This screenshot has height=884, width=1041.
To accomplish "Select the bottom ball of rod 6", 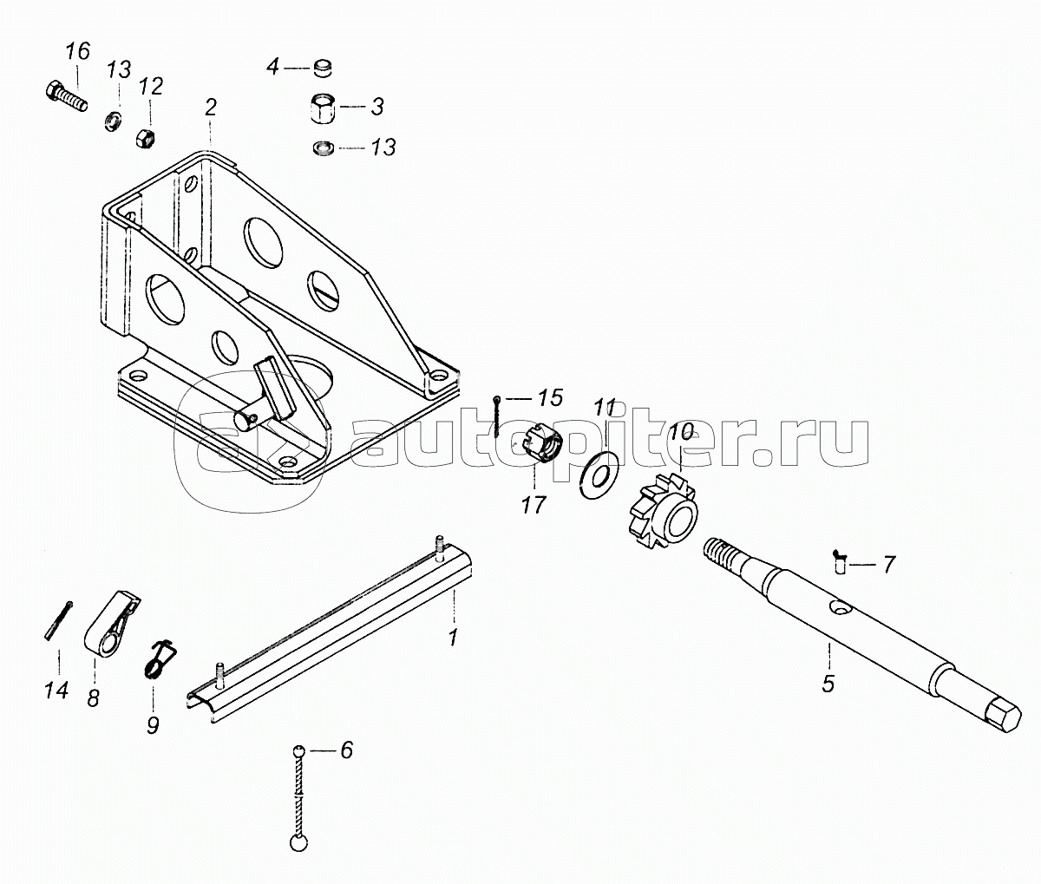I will pos(299,841).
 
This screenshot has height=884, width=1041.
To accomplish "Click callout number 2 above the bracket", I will pos(211,108).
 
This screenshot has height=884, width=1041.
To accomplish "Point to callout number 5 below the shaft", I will pos(828,684).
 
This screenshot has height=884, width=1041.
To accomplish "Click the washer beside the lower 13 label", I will pos(323,149).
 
